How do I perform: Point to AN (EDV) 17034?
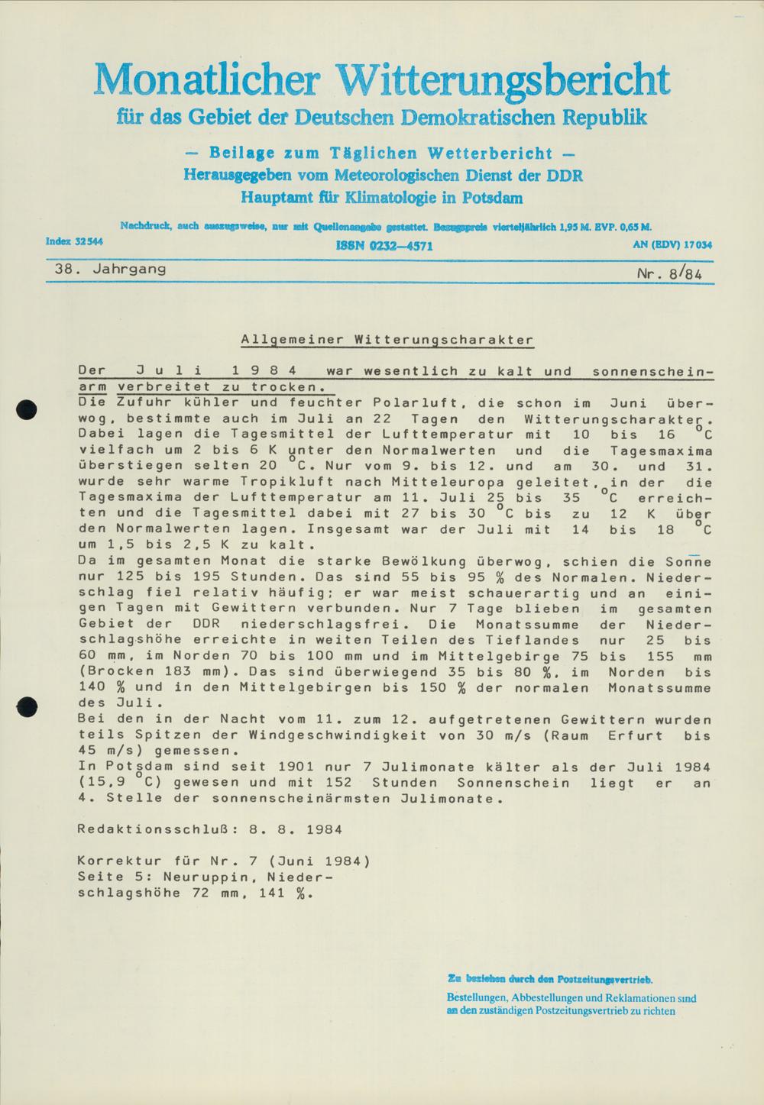tap(672, 245)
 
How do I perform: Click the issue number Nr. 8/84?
tap(669, 273)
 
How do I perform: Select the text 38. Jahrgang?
tap(110, 269)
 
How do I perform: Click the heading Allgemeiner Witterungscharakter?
tap(387, 339)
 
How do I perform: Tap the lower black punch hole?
tap(28, 707)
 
